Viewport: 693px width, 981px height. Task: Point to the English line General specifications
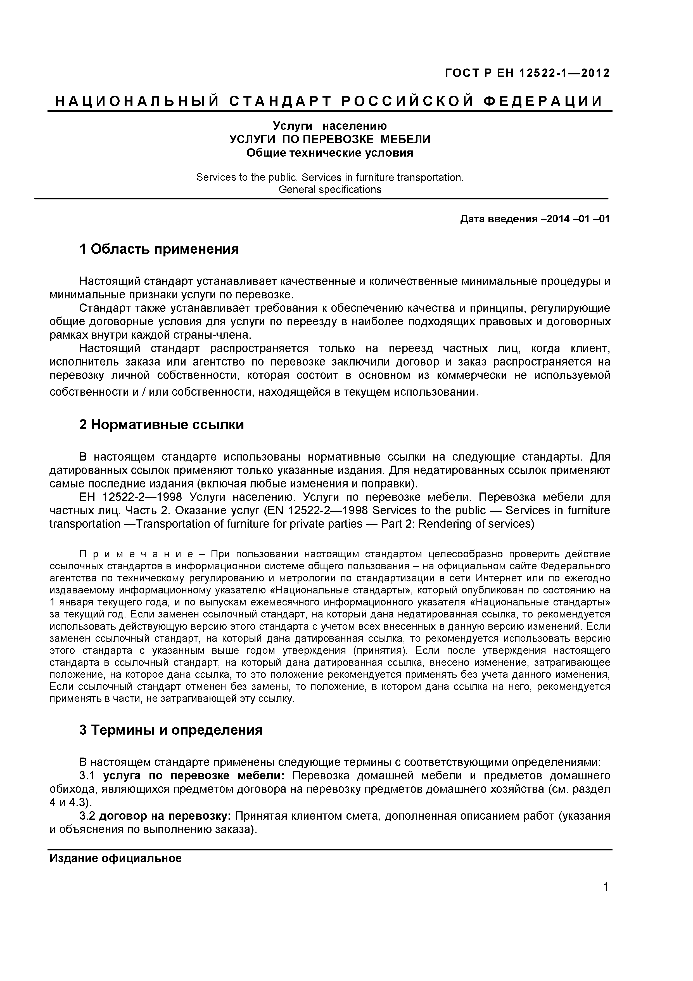click(330, 189)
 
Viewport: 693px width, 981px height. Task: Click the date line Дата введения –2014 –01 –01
click(535, 219)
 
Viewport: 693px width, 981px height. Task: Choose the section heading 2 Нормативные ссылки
click(162, 425)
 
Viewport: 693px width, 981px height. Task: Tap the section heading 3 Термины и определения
click(171, 730)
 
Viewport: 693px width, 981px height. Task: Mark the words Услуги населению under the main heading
click(330, 126)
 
